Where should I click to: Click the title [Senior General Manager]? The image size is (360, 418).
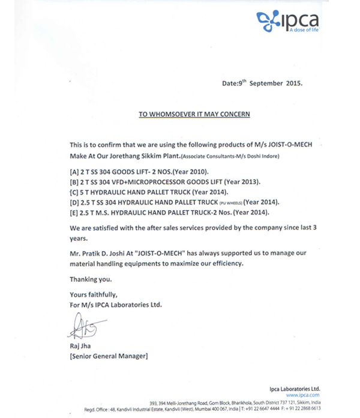click(x=109, y=356)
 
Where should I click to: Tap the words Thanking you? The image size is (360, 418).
click(x=91, y=279)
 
